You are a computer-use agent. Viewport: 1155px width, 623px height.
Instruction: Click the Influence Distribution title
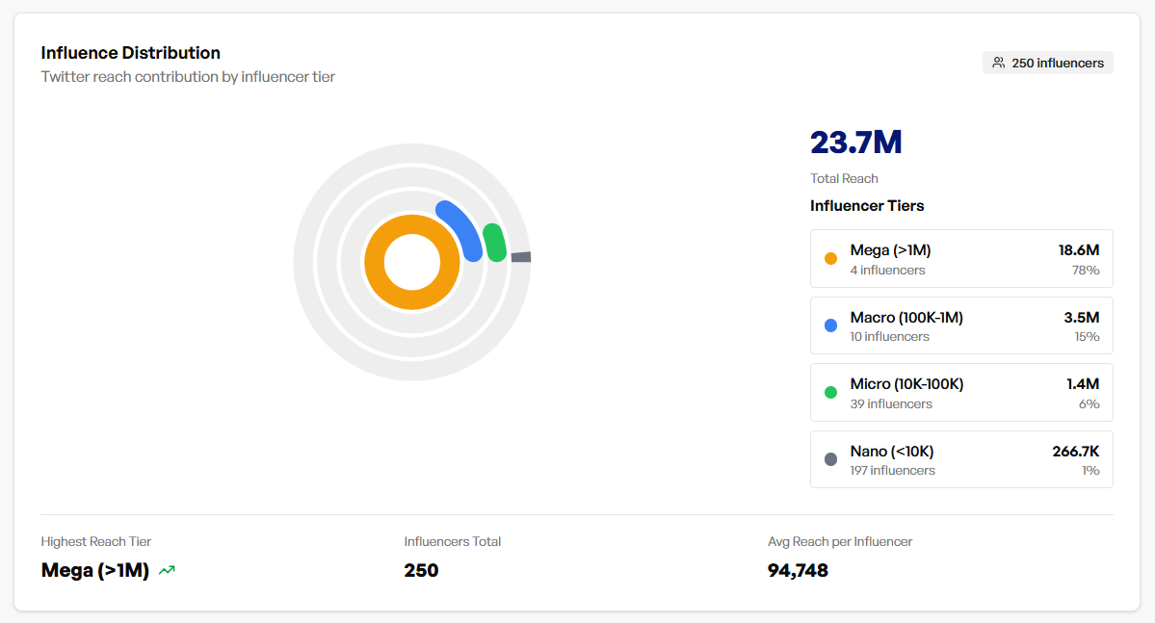pos(130,53)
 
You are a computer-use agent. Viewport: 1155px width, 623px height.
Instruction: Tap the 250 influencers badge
pos(1048,63)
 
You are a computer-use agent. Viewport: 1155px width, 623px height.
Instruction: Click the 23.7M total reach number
pos(855,143)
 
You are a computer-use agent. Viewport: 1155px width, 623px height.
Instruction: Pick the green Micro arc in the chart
pos(495,242)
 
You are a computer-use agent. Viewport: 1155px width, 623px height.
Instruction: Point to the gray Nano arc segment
pos(520,257)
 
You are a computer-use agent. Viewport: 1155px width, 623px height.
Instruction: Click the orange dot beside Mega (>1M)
pos(830,258)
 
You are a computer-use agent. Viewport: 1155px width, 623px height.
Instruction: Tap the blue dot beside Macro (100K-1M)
pos(830,325)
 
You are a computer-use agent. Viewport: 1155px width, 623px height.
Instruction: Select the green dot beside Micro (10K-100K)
pos(830,392)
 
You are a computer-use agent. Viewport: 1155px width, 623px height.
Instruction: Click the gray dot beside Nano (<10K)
pos(830,459)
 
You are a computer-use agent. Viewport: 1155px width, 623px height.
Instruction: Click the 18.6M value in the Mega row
pos(1078,250)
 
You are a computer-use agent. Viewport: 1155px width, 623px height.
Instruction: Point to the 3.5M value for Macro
pos(1081,318)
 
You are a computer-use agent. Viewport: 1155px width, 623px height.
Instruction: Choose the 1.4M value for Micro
pos(1082,384)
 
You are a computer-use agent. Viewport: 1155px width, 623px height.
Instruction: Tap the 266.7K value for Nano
pos(1075,452)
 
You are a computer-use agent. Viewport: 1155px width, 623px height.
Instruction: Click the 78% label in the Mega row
pos(1086,271)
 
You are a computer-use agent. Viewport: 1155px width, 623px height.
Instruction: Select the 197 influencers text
pos(892,471)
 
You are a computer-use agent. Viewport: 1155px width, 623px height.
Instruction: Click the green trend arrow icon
pos(167,570)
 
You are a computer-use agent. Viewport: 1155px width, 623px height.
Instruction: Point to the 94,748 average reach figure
pos(798,570)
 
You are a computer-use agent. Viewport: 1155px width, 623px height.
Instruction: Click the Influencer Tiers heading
pos(867,206)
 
